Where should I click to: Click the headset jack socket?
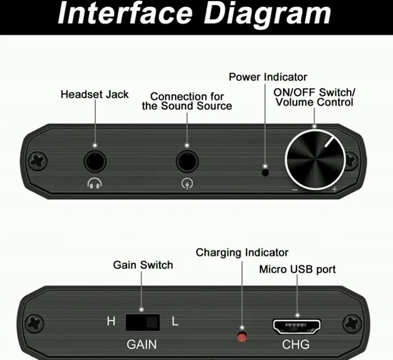(x=95, y=161)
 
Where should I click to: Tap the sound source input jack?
(x=187, y=161)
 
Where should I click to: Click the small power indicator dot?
(x=265, y=171)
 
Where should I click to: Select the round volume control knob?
(x=314, y=159)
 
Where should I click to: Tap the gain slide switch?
(x=142, y=322)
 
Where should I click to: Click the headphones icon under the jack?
(x=95, y=184)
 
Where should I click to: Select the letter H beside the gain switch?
(x=111, y=322)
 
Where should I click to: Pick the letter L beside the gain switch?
(x=175, y=322)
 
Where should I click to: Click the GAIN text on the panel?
(x=141, y=345)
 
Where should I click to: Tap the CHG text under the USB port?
(x=296, y=345)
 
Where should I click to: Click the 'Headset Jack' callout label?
(x=95, y=94)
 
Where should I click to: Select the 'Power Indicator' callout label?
(x=268, y=77)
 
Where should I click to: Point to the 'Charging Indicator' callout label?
(x=242, y=253)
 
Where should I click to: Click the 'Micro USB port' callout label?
(x=298, y=269)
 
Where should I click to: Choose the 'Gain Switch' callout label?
(x=142, y=265)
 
